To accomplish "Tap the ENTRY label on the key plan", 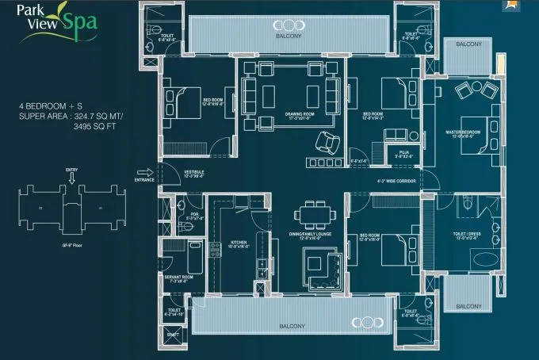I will (71, 170).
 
